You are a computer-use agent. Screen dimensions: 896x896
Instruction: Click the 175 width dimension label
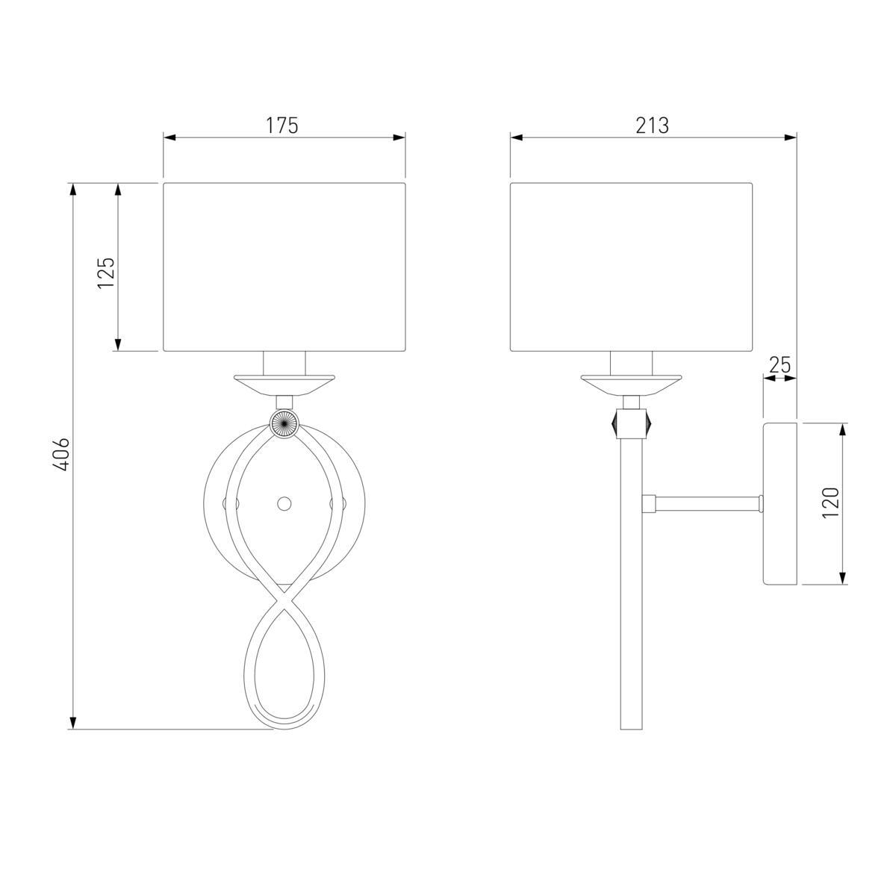tap(281, 125)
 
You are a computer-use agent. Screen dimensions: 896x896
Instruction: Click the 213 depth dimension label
tap(653, 125)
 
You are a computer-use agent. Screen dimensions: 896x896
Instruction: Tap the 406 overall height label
tap(61, 453)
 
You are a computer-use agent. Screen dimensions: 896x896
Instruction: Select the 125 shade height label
tap(107, 273)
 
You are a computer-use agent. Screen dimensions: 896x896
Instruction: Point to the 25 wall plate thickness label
tap(780, 365)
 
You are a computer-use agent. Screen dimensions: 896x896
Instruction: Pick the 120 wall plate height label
tap(830, 503)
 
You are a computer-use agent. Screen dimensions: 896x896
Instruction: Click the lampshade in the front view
tap(284, 267)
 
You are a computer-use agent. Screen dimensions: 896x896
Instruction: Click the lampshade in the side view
tap(631, 267)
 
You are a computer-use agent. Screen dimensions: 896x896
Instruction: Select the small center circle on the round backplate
tap(284, 503)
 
